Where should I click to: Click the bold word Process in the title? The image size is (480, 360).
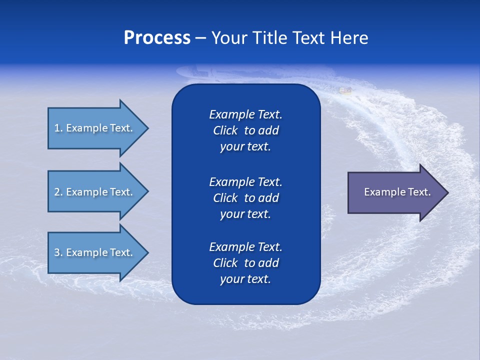pyautogui.click(x=157, y=38)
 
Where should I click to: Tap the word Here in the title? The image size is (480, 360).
pyautogui.click(x=349, y=38)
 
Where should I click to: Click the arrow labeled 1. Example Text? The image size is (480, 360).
pyautogui.click(x=95, y=128)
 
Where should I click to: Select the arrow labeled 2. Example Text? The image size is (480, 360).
pyautogui.click(x=95, y=192)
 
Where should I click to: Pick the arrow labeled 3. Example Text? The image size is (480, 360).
pyautogui.click(x=95, y=252)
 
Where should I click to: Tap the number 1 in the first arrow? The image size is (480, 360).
pyautogui.click(x=57, y=128)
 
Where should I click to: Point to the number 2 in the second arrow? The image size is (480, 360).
pyautogui.click(x=57, y=192)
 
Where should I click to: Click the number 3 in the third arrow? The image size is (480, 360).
pyautogui.click(x=57, y=252)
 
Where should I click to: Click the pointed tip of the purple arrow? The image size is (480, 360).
pyautogui.click(x=446, y=192)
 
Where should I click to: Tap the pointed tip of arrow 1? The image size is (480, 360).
pyautogui.click(x=146, y=128)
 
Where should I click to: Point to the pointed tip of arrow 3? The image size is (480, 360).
pyautogui.click(x=146, y=252)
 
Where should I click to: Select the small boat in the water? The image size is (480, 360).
pyautogui.click(x=345, y=90)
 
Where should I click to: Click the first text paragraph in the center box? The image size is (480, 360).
pyautogui.click(x=245, y=130)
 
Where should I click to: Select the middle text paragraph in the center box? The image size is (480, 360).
pyautogui.click(x=245, y=198)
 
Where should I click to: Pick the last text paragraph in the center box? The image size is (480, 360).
pyautogui.click(x=245, y=263)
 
